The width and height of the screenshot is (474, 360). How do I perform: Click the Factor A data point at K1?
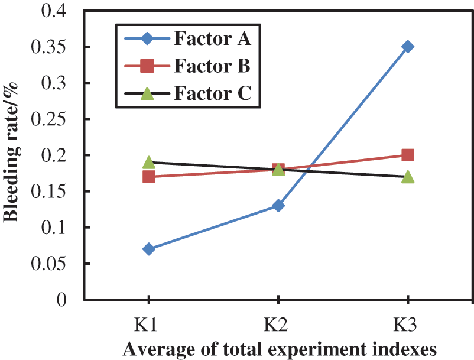coord(149,249)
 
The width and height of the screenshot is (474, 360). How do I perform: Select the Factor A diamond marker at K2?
coord(278,206)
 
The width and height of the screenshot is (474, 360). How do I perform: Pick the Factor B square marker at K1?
coord(149,177)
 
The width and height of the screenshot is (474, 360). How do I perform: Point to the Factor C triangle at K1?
coord(149,162)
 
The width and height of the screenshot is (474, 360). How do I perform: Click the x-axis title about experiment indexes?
coord(280,349)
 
